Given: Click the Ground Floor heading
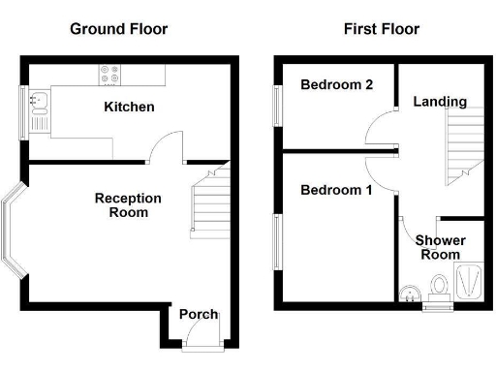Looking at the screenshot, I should tap(118, 29).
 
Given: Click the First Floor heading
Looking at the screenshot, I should tap(382, 29).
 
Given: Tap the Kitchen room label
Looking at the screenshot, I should tap(129, 107).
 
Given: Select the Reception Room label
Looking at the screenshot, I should tap(128, 204).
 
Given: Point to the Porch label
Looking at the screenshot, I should tap(199, 314).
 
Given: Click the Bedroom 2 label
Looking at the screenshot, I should tap(336, 85).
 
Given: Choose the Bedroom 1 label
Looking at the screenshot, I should tap(336, 190).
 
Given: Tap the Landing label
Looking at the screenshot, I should tap(440, 101).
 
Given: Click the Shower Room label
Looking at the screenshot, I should tap(440, 247).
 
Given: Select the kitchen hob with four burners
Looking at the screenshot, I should tap(108, 75).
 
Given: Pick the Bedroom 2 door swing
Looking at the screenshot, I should tap(380, 126).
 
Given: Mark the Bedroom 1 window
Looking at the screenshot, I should tap(277, 242).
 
